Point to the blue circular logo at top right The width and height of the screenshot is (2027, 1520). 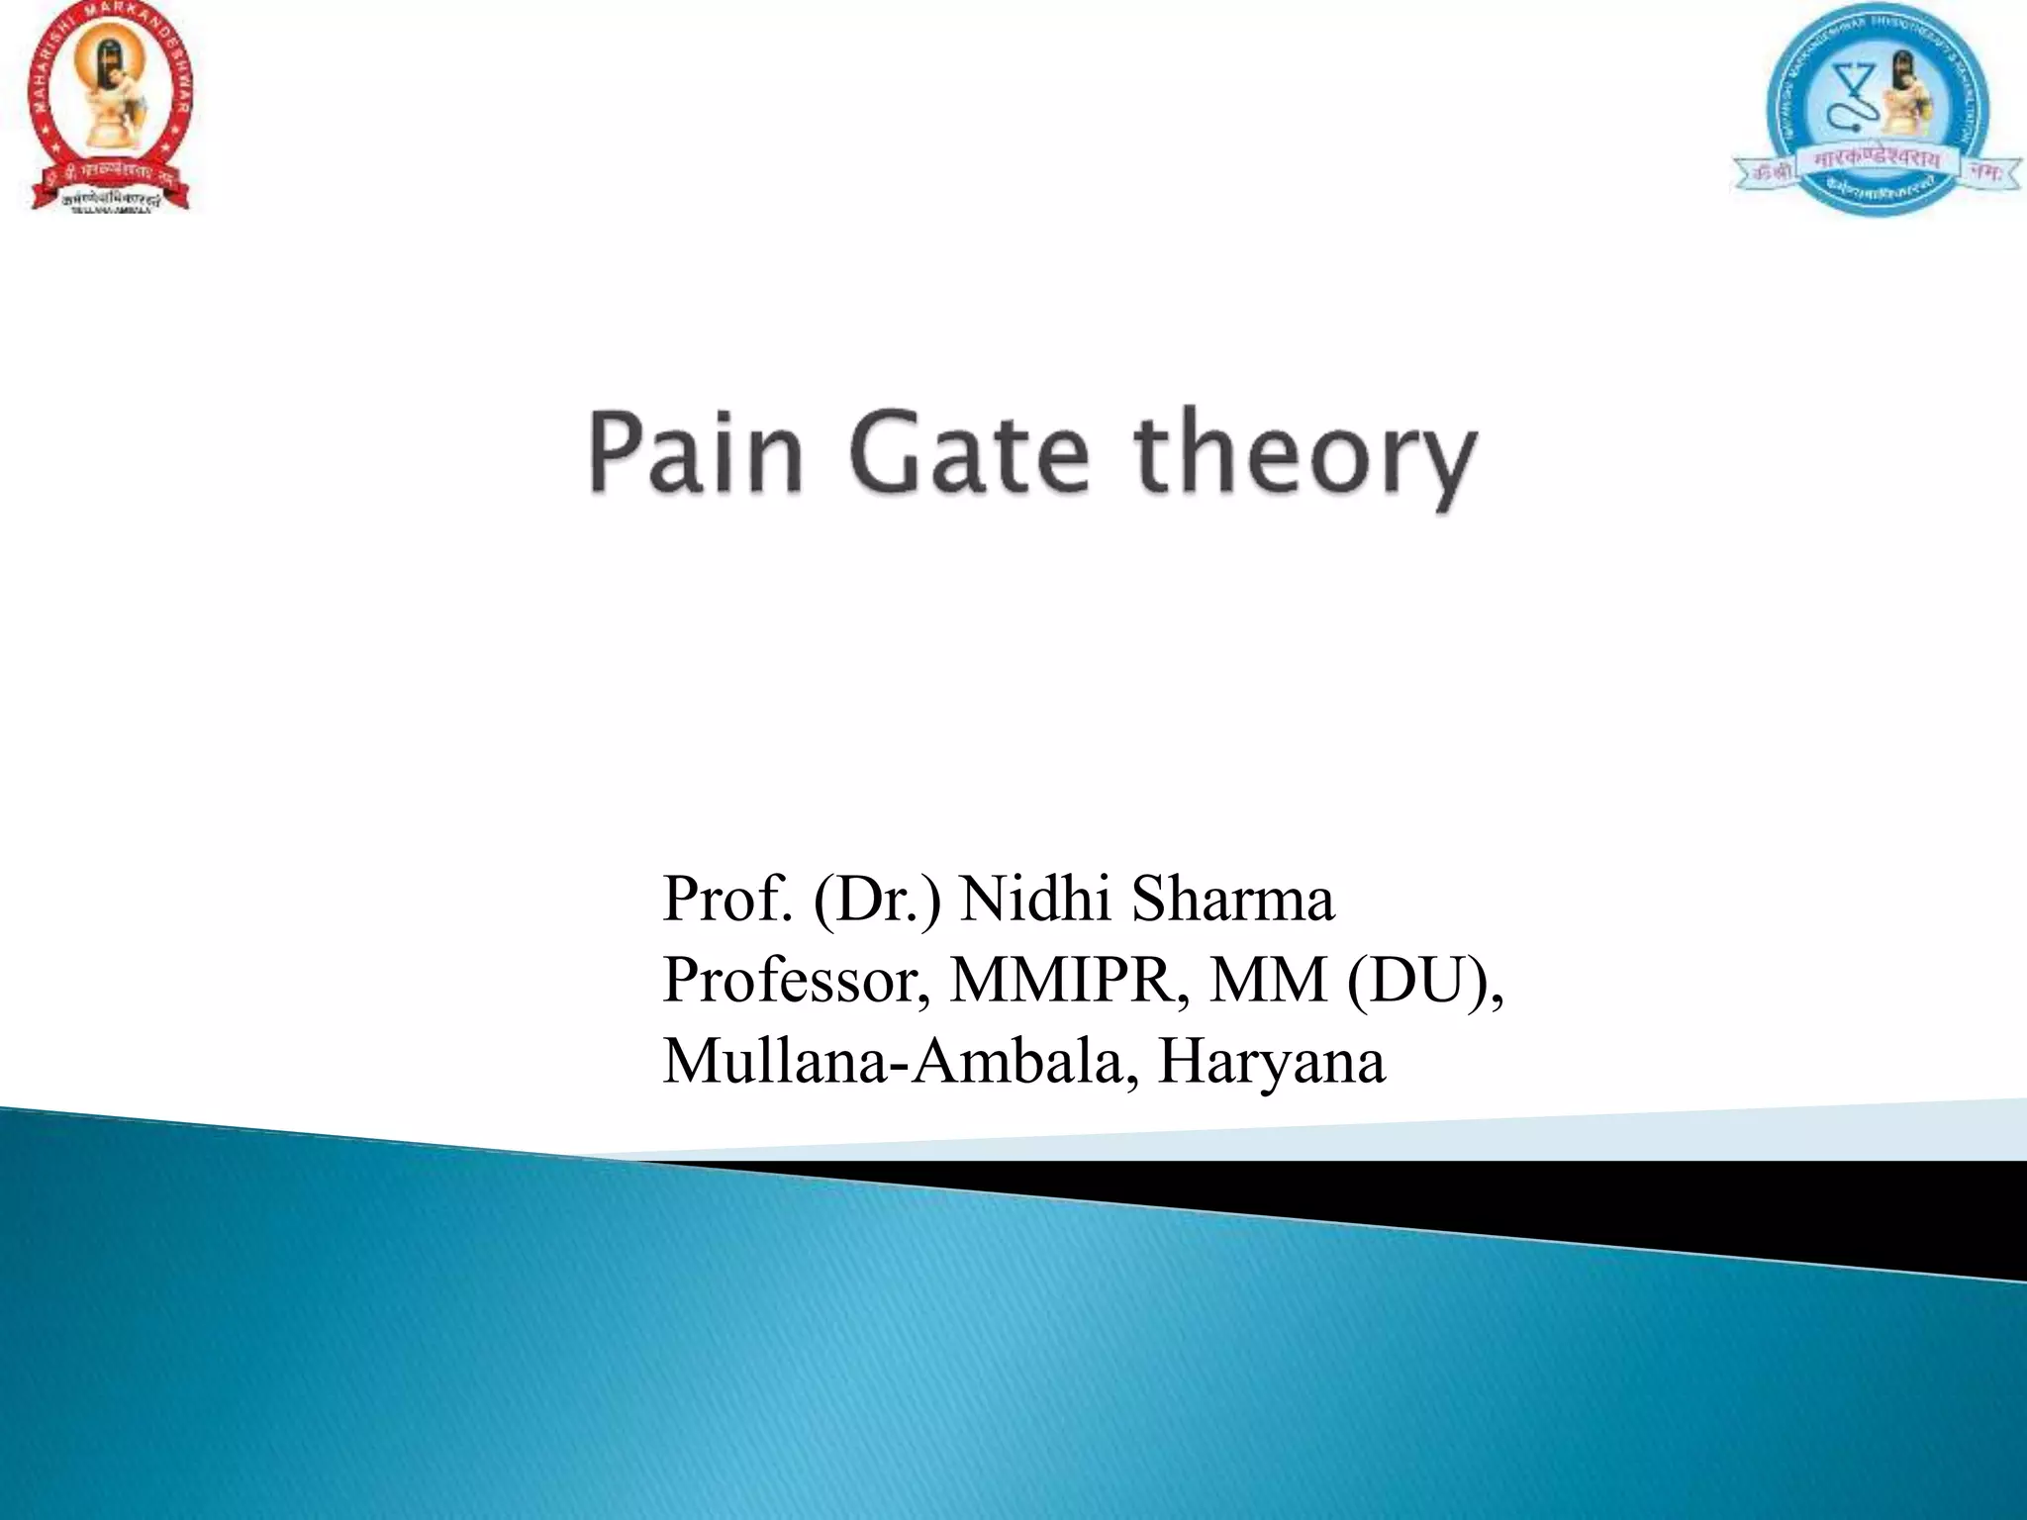pyautogui.click(x=1877, y=109)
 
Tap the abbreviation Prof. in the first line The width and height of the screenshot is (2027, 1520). pyautogui.click(x=727, y=899)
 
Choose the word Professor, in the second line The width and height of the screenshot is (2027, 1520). pyautogui.click(x=797, y=980)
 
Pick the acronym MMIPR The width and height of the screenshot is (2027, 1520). pyautogui.click(x=1070, y=980)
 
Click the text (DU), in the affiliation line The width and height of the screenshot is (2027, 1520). pyautogui.click(x=1425, y=980)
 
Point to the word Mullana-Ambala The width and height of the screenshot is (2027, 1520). pyautogui.click(x=900, y=1061)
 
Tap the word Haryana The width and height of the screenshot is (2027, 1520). pyautogui.click(x=1272, y=1061)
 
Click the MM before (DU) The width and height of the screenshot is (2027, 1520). pyautogui.click(x=1268, y=980)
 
